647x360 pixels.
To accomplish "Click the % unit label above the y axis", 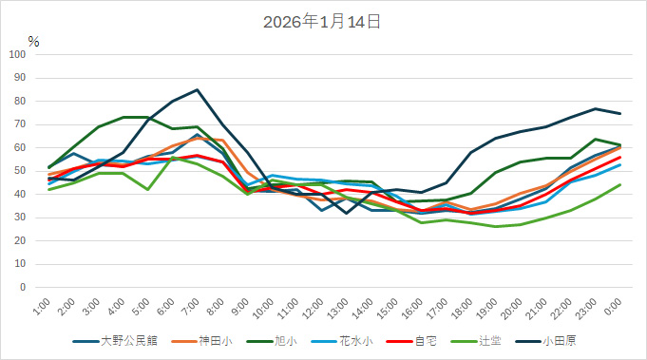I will tap(33, 42).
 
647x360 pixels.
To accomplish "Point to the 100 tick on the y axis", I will tap(18, 54).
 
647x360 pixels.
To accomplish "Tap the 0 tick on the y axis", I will tap(24, 287).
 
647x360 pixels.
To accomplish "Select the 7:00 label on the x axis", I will tap(191, 307).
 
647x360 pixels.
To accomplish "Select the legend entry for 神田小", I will tap(211, 340).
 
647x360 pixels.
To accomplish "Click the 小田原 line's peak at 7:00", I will tap(197, 90).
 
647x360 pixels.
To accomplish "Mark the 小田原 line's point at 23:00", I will tap(595, 108).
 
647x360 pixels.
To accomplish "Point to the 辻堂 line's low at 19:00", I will tap(496, 226).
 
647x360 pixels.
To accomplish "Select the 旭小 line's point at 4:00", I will tap(124, 118).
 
